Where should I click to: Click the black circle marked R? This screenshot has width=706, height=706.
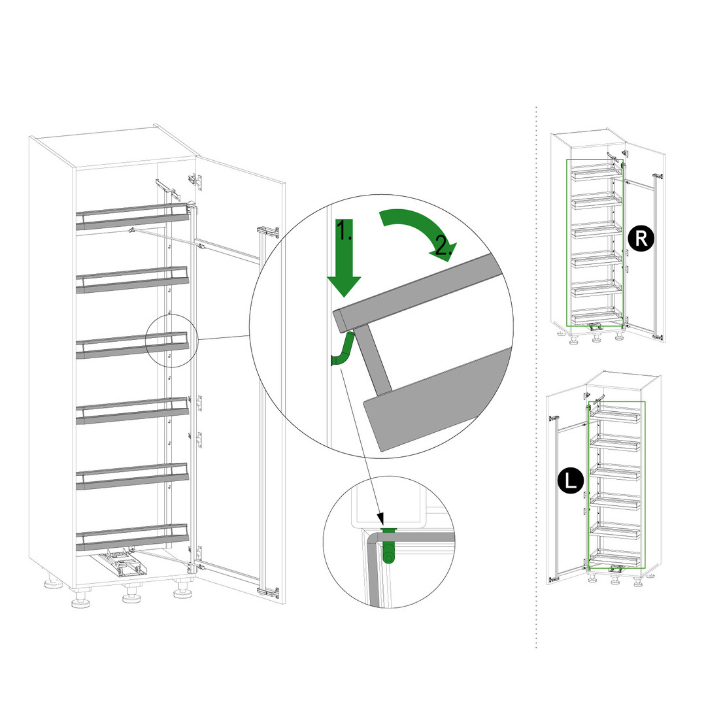coord(641,238)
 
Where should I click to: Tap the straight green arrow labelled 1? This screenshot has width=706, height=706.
coord(344,258)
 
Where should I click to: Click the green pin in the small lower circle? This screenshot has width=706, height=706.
coord(388,544)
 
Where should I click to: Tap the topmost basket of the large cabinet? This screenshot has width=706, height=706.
coord(132,216)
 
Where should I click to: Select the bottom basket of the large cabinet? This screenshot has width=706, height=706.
coord(132,537)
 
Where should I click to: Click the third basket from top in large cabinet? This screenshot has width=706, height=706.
coord(132,345)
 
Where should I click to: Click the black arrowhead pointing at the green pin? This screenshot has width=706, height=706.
coord(380,518)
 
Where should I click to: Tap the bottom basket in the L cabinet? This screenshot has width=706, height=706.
coord(614,559)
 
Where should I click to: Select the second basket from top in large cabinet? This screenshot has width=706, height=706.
coord(132,280)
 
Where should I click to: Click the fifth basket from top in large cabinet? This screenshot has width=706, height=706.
coord(132,477)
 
